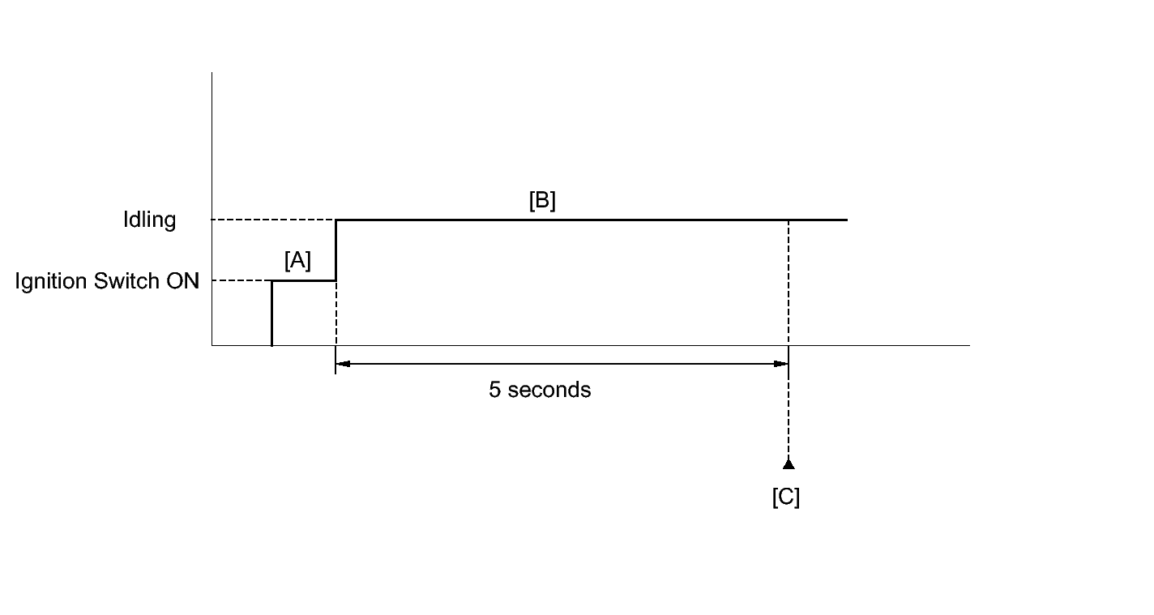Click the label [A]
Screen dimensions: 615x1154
click(297, 261)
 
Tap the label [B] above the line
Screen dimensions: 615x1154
click(542, 201)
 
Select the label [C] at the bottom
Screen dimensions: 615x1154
click(786, 497)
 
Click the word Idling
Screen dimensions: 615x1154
click(149, 220)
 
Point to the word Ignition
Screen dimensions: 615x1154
click(51, 282)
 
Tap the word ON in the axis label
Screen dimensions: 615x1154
click(185, 282)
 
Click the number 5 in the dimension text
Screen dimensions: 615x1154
click(494, 390)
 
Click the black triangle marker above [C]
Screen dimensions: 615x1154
click(789, 464)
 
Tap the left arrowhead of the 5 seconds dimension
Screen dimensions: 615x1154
click(342, 364)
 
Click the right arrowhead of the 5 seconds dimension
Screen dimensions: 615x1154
click(782, 364)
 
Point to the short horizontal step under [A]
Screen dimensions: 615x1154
click(303, 281)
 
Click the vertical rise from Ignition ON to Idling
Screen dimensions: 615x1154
click(336, 250)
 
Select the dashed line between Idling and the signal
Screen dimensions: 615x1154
click(273, 220)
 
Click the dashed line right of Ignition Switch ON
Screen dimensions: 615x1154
click(241, 281)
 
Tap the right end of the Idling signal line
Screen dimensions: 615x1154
click(846, 220)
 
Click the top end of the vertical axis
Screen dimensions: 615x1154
click(212, 73)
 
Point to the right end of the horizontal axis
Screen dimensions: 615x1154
click(968, 346)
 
